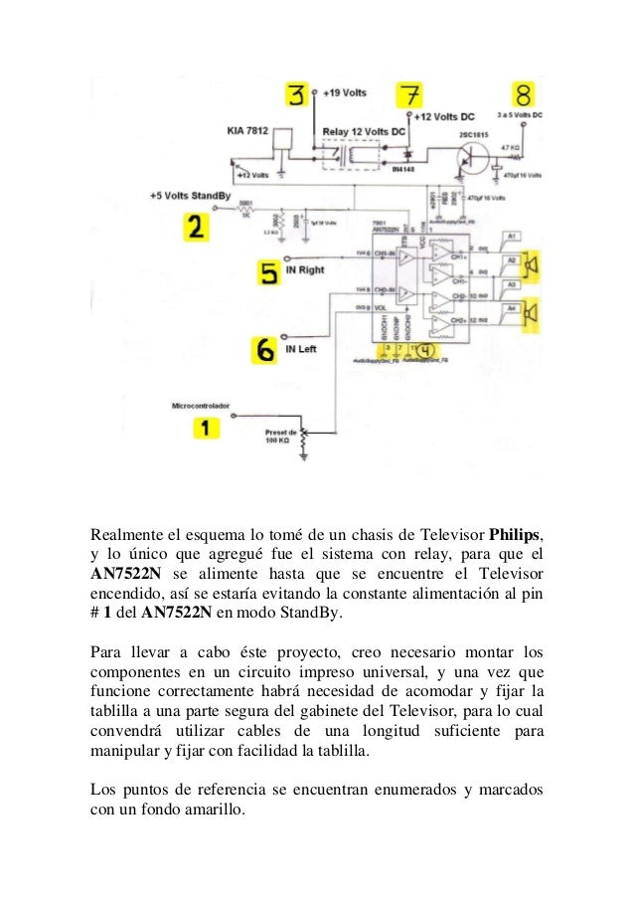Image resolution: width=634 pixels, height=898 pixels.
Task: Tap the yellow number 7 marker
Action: [x=408, y=97]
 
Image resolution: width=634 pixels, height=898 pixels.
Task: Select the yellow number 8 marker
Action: [x=525, y=95]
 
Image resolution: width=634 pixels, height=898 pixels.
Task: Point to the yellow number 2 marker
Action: [x=196, y=228]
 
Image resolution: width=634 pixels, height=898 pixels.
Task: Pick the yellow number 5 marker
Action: [x=269, y=272]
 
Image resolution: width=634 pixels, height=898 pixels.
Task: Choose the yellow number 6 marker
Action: [x=265, y=350]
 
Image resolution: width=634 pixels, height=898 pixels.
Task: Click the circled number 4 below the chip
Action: [x=425, y=350]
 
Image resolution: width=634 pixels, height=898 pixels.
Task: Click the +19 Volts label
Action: [x=345, y=92]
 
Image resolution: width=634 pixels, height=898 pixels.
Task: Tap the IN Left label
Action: [x=303, y=350]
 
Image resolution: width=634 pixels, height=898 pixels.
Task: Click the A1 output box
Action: [x=512, y=236]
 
